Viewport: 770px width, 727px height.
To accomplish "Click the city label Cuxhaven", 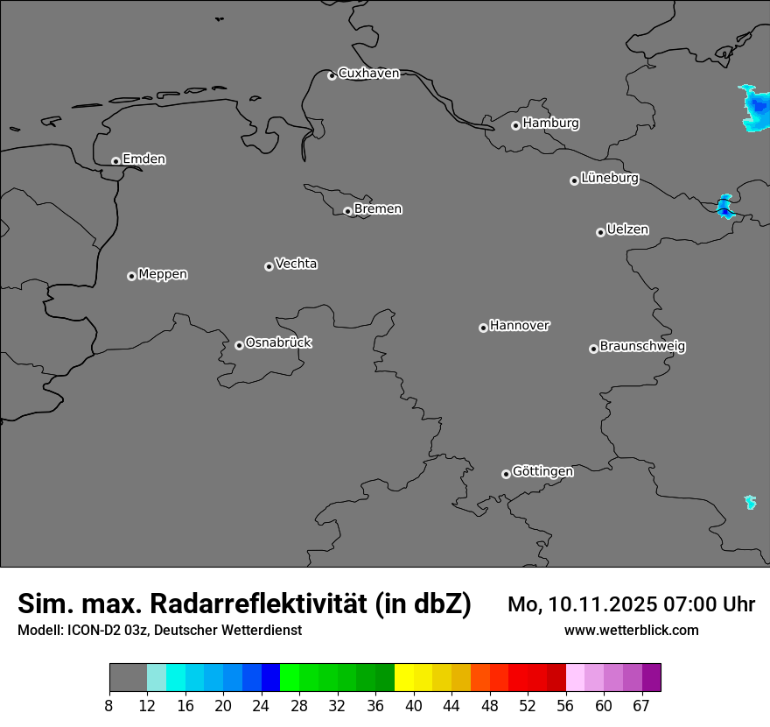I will point(368,74).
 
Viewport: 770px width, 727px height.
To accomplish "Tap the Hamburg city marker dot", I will point(515,125).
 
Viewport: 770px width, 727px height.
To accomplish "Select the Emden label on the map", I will point(143,159).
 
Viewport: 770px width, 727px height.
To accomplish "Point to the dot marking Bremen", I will point(347,211).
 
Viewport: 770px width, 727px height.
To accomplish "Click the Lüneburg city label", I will point(609,179).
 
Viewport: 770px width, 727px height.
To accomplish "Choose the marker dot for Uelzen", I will point(600,232).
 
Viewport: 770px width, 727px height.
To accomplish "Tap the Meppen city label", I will point(163,274).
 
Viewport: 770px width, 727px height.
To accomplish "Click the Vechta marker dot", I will point(269,266).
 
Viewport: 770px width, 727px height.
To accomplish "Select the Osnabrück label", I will point(278,342).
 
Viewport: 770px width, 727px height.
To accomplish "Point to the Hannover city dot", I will point(483,328).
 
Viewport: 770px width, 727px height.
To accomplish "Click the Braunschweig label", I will point(642,346).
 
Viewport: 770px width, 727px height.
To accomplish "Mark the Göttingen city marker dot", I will point(506,474).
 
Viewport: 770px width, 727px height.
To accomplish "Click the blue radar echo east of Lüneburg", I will point(724,208).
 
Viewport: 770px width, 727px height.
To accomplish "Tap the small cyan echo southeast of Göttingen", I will point(750,502).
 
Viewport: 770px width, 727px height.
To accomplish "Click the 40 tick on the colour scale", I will point(413,706).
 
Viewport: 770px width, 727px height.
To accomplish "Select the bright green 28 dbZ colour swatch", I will point(290,678).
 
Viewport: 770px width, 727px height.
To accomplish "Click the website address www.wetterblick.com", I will point(631,631).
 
